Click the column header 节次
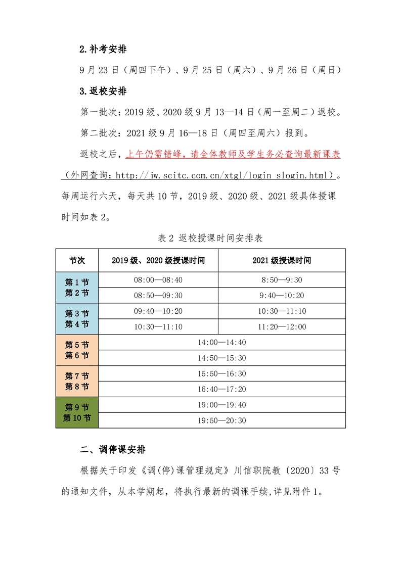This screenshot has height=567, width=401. (77, 261)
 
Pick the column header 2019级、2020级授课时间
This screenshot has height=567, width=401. (158, 261)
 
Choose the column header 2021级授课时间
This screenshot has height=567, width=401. (282, 261)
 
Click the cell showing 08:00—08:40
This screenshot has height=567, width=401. (158, 280)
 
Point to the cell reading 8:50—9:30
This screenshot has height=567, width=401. (282, 280)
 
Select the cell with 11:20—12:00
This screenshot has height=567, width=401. (282, 327)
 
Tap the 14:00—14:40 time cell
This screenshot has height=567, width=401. (222, 343)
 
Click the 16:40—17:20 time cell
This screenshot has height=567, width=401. (222, 389)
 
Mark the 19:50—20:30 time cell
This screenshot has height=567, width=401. (222, 420)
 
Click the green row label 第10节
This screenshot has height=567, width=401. (77, 418)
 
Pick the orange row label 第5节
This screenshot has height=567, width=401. (77, 345)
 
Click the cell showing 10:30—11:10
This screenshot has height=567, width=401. (158, 327)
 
